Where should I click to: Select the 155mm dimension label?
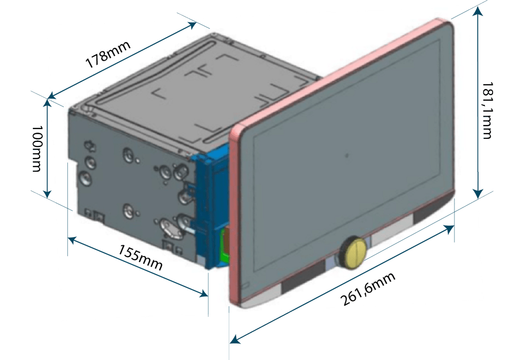click(x=140, y=258)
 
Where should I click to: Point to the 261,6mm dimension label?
click(x=368, y=290)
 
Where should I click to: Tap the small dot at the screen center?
click(x=347, y=155)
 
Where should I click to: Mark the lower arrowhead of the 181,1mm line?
click(x=479, y=194)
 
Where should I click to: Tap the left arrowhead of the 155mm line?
click(x=72, y=239)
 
